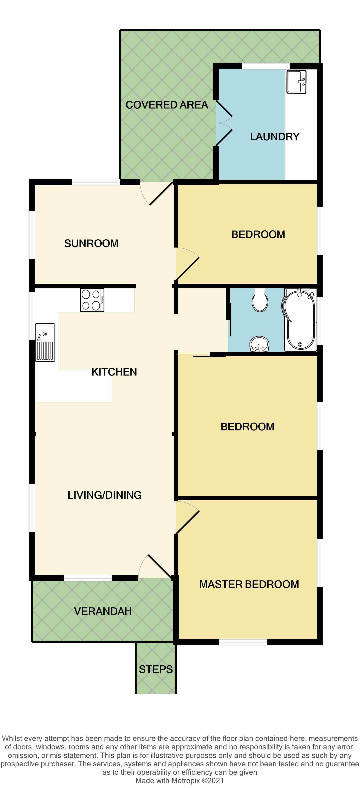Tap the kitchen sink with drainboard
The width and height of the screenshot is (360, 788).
click(x=45, y=342)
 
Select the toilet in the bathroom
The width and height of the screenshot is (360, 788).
click(x=260, y=300)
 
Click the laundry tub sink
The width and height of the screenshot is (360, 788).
click(x=296, y=82)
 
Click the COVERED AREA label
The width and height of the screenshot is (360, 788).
click(x=167, y=105)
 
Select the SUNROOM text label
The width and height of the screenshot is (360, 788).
click(x=91, y=243)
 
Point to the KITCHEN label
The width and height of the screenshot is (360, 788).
click(x=114, y=372)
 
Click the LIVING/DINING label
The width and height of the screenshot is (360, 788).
click(x=105, y=495)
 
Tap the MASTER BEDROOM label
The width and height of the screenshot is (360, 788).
click(x=249, y=584)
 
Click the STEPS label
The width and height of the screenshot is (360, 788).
click(x=156, y=669)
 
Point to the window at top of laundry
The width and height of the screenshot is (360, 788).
click(x=265, y=66)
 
